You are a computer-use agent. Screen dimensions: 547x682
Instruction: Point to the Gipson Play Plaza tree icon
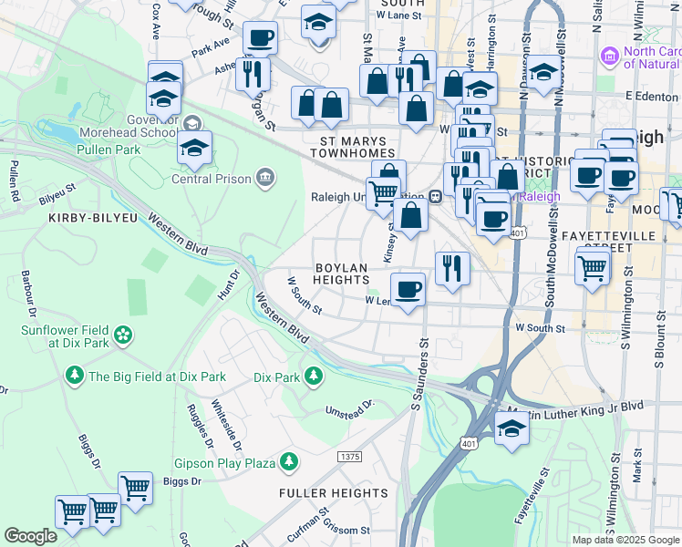[x=289, y=463]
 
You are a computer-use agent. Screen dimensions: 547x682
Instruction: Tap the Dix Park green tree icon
[x=313, y=376]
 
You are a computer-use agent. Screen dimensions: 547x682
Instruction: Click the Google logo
[x=31, y=536]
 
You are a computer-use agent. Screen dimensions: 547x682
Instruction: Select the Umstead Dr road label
[x=351, y=407]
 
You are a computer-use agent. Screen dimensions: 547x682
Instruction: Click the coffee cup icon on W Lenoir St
[x=410, y=288]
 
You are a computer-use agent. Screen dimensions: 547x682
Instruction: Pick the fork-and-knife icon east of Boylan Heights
[x=451, y=267]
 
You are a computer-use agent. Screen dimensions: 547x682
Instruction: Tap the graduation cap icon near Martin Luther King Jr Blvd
[x=511, y=428]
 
